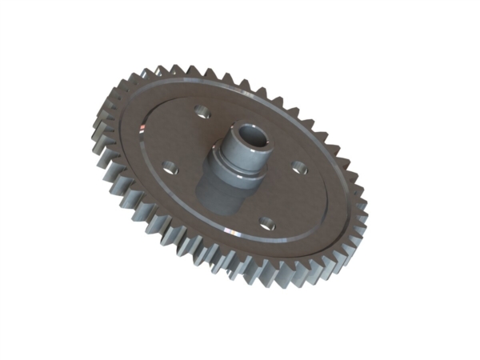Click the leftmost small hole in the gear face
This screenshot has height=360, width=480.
pyautogui.click(x=169, y=166)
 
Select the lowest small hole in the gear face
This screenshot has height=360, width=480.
pyautogui.click(x=267, y=225)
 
